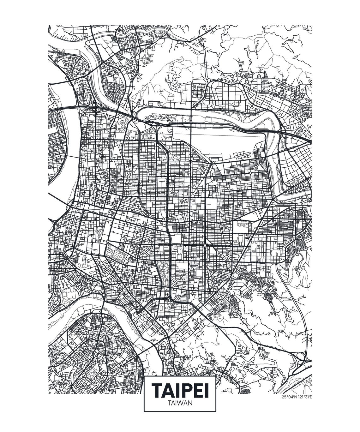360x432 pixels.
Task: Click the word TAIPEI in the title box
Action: tap(180, 391)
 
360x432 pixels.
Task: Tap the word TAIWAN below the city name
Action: tap(180, 403)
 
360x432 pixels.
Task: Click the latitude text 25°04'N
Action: tap(290, 397)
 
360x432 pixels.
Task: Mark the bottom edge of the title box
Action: tap(180, 411)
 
